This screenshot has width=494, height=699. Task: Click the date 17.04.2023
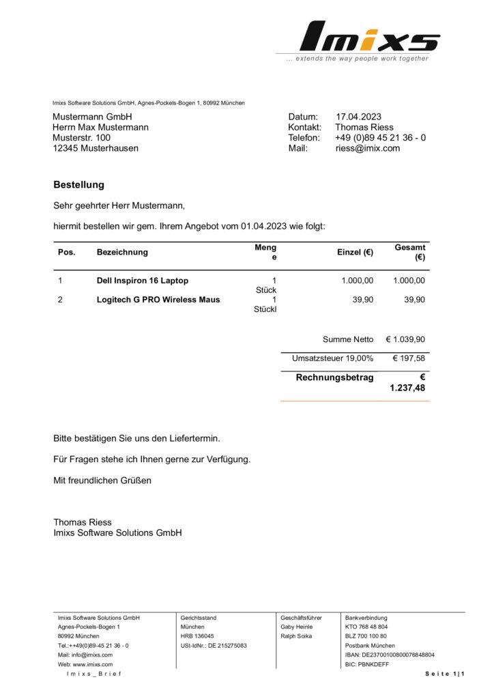(x=358, y=117)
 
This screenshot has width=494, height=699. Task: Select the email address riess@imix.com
(x=367, y=147)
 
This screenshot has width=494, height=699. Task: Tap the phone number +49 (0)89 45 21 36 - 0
(x=381, y=137)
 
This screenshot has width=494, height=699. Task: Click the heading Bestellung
(x=78, y=184)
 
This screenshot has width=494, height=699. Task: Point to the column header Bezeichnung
(x=122, y=252)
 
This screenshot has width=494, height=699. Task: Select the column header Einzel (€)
(x=355, y=252)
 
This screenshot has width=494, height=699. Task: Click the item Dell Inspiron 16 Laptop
(x=143, y=281)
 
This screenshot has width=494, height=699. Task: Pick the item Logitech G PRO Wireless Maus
(x=158, y=300)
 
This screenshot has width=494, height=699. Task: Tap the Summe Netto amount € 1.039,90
(x=405, y=339)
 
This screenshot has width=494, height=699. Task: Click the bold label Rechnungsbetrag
(x=334, y=377)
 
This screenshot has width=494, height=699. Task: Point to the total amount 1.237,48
(x=407, y=388)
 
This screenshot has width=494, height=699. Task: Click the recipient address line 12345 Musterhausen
(x=96, y=147)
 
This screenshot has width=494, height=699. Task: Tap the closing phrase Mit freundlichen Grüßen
(x=102, y=480)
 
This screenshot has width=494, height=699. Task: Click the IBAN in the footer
(x=390, y=655)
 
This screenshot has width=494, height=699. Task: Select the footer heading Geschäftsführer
(x=301, y=618)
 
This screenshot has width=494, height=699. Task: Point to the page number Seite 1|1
(x=445, y=674)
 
